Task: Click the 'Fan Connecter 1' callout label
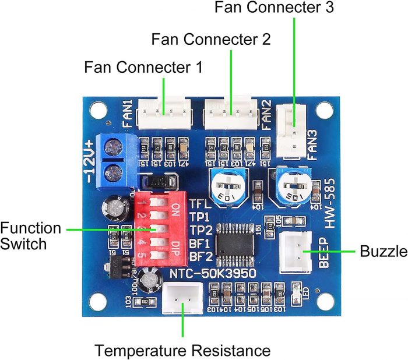[143, 66]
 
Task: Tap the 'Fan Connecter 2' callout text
[210, 40]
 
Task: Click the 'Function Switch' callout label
[30, 235]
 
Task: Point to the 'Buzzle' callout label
[383, 252]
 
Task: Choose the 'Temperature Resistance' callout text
[182, 351]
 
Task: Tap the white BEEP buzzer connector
[298, 252]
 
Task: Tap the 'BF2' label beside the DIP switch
[199, 256]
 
